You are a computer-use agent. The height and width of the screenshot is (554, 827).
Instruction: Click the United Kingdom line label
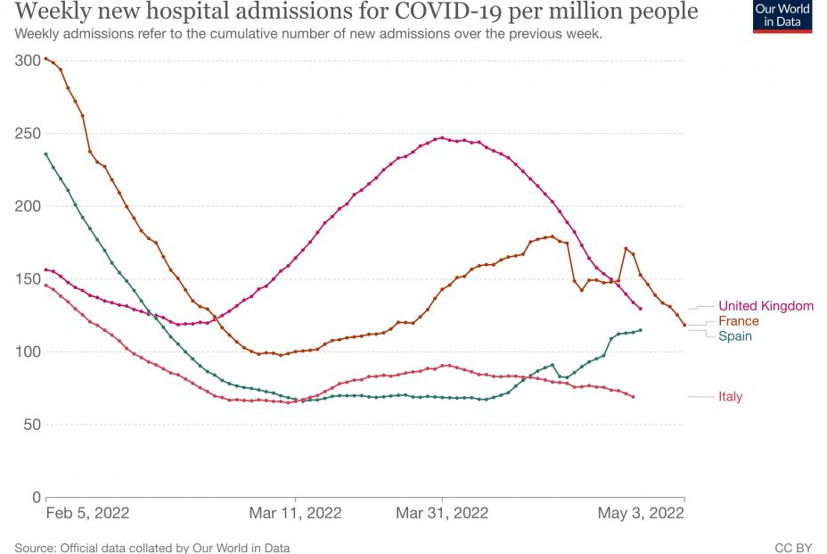[x=766, y=306]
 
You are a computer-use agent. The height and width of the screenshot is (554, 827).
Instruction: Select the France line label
[x=738, y=321]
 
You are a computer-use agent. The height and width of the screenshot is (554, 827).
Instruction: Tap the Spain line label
[x=734, y=336]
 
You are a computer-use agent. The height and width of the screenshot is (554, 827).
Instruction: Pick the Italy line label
[x=730, y=397]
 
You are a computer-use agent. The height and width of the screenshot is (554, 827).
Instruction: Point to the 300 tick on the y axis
[x=28, y=61]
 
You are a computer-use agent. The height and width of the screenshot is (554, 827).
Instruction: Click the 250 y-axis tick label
[x=28, y=133]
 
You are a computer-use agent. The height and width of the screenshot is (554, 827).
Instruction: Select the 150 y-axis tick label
[x=28, y=279]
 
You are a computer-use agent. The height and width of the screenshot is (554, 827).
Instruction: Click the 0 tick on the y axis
[x=36, y=497]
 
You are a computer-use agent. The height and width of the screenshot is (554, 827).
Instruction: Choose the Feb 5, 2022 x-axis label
[x=87, y=513]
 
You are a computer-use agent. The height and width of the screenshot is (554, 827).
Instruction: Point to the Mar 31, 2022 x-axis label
[x=442, y=513]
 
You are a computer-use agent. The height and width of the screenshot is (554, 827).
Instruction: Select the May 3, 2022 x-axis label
[x=641, y=513]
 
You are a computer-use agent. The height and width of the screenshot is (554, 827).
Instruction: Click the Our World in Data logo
[x=782, y=17]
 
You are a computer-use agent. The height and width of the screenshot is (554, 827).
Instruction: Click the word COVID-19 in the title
[x=418, y=12]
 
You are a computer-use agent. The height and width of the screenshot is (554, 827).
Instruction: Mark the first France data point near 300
[x=46, y=59]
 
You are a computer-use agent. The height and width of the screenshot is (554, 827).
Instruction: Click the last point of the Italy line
[x=633, y=396]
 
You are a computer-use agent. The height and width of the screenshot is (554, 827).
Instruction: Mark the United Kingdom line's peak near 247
[x=442, y=137]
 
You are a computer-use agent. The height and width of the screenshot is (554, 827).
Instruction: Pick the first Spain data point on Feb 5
[x=46, y=154]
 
